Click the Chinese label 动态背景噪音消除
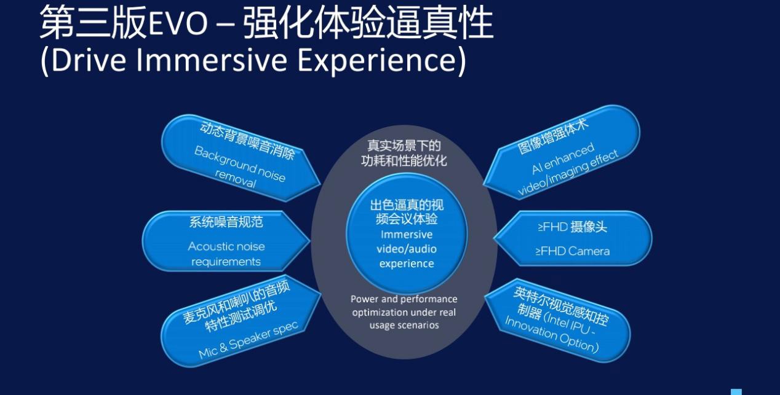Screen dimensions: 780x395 tap(247, 141)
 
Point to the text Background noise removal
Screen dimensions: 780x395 tap(239, 167)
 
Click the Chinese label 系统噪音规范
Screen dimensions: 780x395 tap(226, 222)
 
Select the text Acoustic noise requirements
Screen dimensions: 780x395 tap(226, 254)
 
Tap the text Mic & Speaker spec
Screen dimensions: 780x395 tap(249, 340)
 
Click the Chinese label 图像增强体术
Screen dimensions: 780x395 tap(553, 136)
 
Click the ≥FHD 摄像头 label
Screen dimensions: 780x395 tap(572, 227)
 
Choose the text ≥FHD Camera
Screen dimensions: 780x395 tap(573, 251)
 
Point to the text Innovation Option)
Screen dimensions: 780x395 tap(552, 334)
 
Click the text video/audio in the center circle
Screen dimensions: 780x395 tap(407, 249)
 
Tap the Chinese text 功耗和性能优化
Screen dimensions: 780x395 tap(404, 161)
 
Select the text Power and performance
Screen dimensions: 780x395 tap(404, 299)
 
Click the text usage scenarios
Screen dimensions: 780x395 tap(404, 326)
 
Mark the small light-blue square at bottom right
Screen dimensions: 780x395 tap(736, 392)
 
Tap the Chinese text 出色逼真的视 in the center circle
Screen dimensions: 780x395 tap(407, 205)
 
